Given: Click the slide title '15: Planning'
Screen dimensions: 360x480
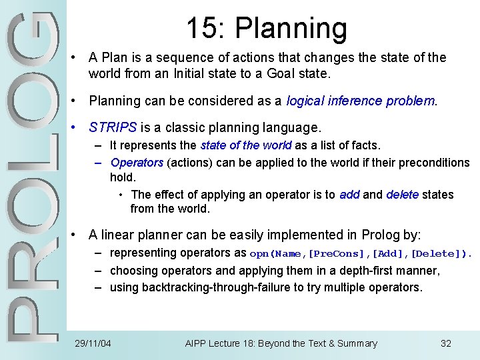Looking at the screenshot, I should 266,29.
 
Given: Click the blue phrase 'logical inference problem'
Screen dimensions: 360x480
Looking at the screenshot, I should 361,101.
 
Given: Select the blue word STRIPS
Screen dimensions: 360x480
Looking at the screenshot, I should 113,127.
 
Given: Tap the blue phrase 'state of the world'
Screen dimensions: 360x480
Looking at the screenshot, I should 246,145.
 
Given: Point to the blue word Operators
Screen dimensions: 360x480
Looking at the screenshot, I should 137,163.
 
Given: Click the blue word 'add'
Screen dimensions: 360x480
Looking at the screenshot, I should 349,195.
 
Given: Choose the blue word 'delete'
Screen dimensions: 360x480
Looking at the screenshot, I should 403,195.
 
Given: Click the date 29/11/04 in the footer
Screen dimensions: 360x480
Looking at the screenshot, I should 93,343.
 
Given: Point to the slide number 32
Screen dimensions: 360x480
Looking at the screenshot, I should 446,343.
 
